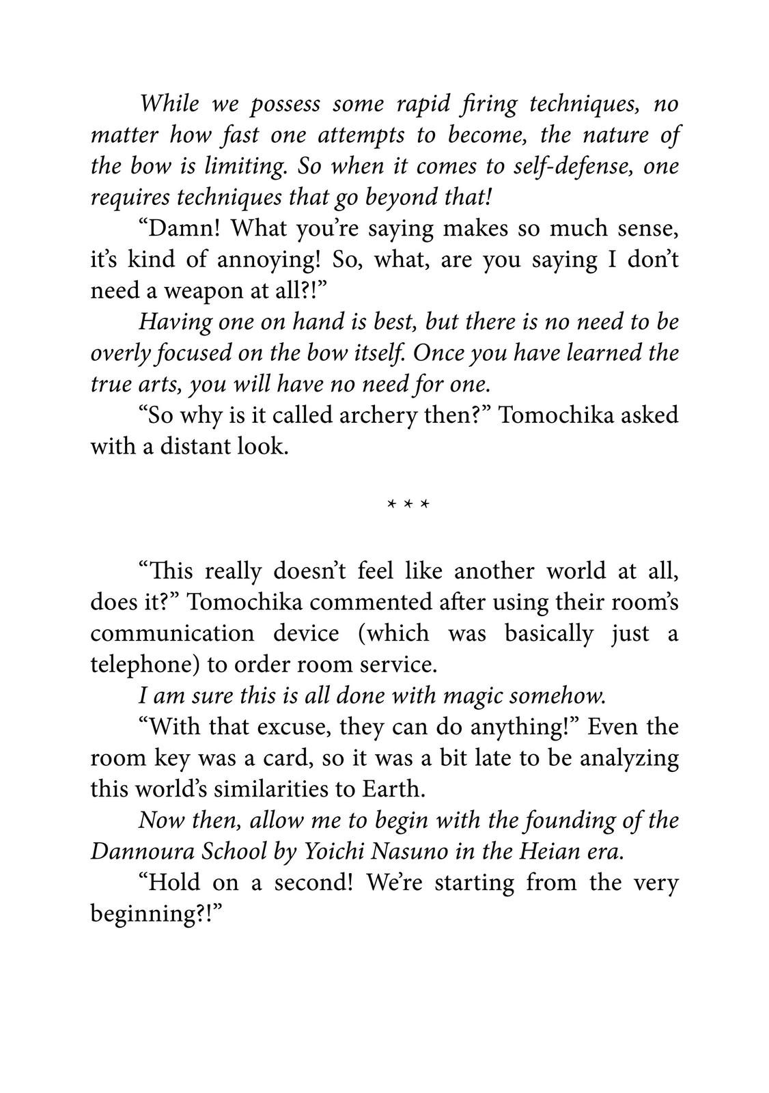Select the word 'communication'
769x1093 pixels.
[172, 633]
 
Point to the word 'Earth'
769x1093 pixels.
[391, 789]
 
